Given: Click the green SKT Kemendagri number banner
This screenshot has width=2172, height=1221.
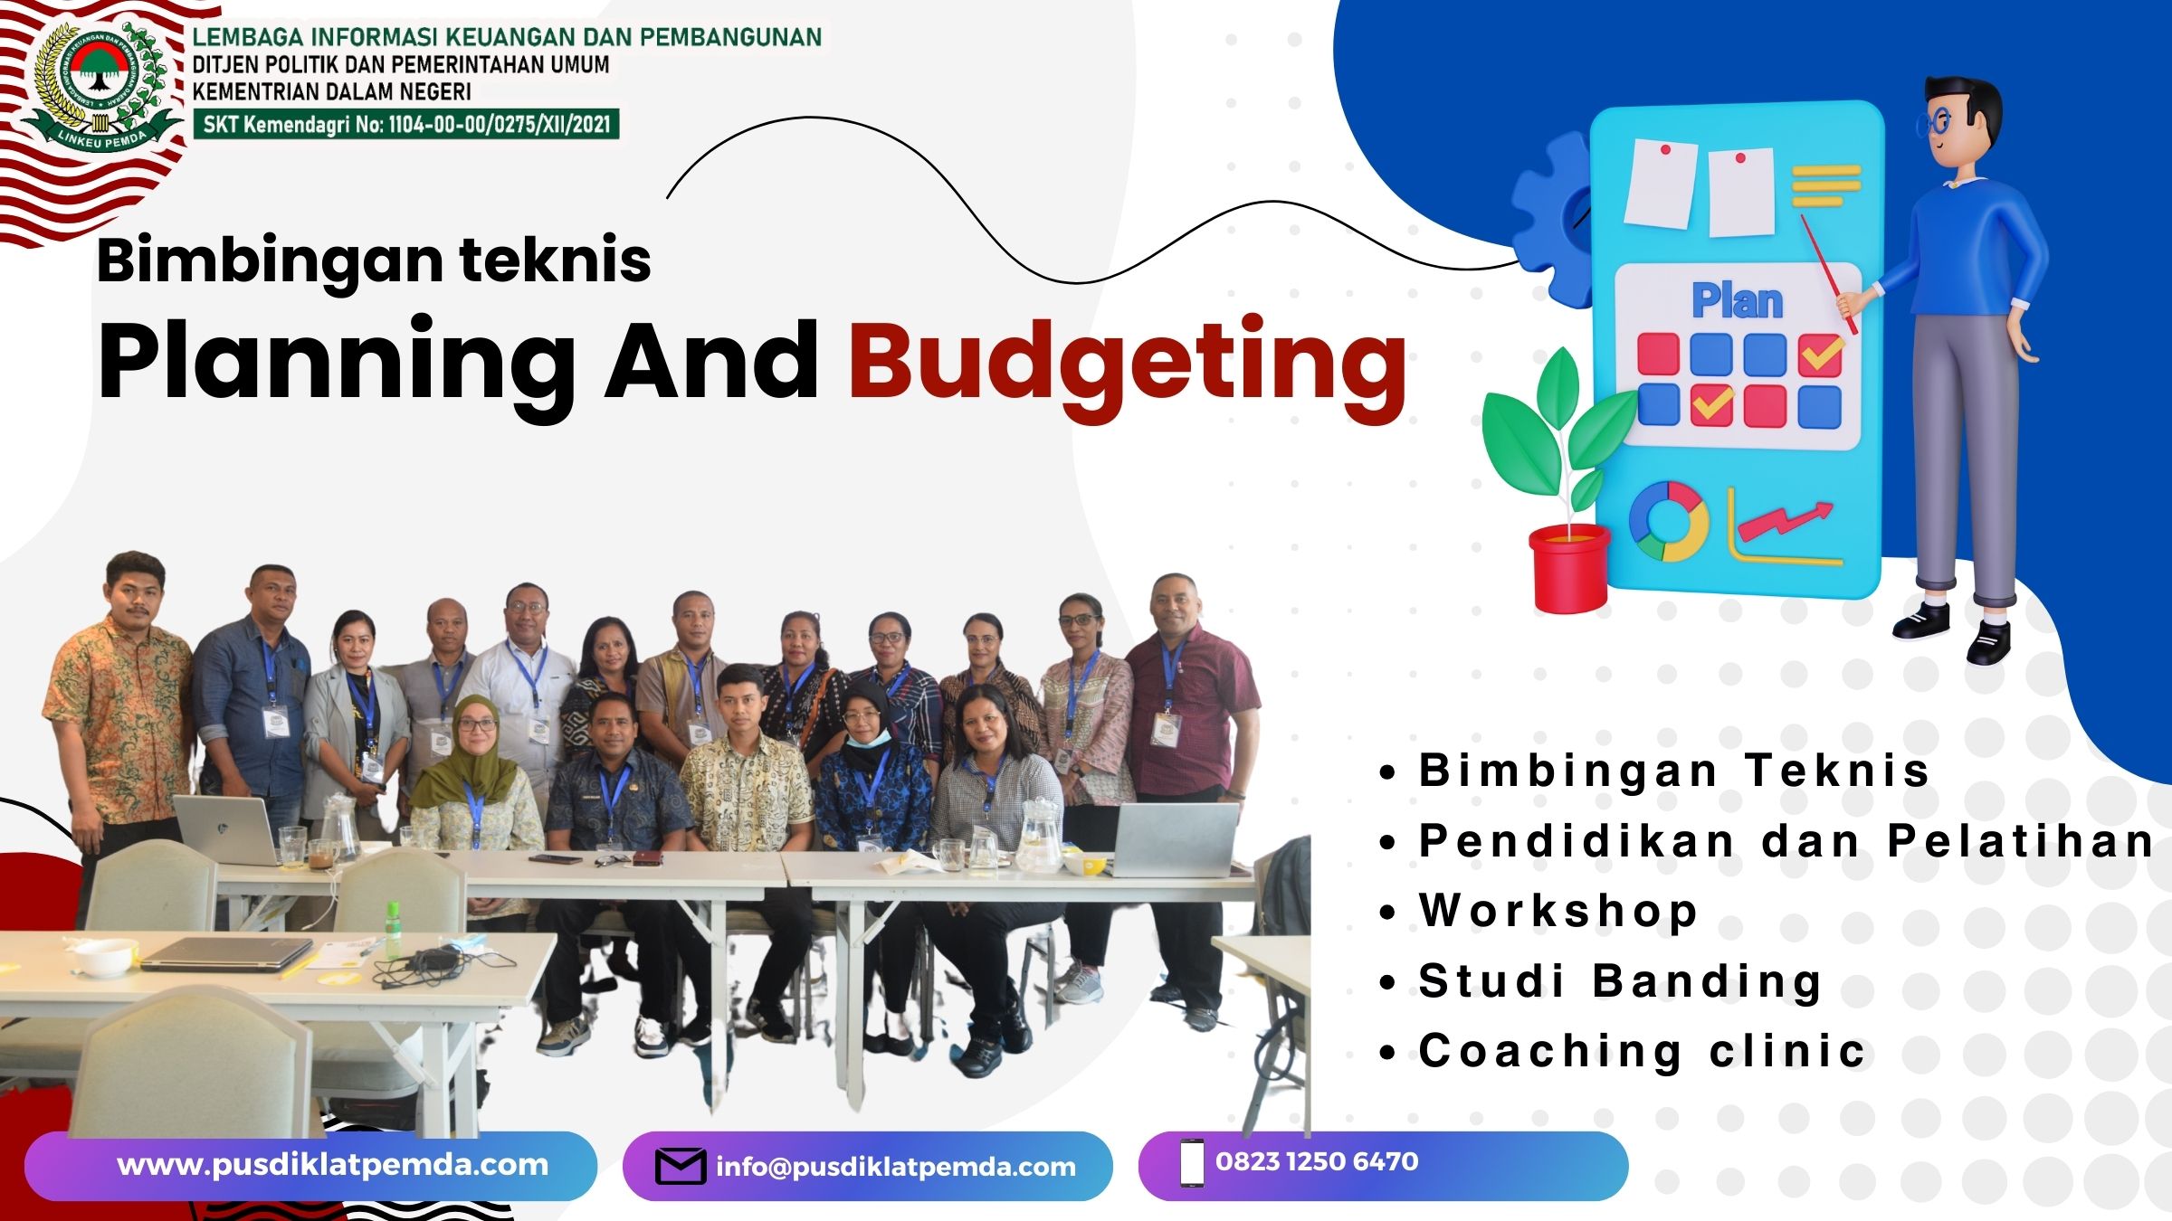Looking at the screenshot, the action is click(406, 124).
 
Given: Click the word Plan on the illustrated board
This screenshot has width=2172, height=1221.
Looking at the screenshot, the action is click(1738, 300).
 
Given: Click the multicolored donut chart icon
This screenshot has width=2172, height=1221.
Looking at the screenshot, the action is click(1668, 522).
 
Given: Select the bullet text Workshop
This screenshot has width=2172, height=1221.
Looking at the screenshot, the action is click(1558, 910).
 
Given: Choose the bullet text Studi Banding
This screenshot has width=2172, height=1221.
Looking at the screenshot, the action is click(1620, 982).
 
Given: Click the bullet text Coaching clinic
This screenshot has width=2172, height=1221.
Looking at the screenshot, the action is click(1642, 1051).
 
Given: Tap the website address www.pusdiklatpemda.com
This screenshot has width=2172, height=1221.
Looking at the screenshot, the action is click(333, 1165).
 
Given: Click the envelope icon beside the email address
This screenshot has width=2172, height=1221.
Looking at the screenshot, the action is click(681, 1166).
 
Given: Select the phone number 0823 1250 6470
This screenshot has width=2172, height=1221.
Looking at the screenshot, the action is click(1317, 1161).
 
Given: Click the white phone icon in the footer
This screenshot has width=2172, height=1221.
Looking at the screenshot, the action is click(1192, 1163).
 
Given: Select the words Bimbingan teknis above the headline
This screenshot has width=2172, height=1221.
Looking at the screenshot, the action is click(374, 260).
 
